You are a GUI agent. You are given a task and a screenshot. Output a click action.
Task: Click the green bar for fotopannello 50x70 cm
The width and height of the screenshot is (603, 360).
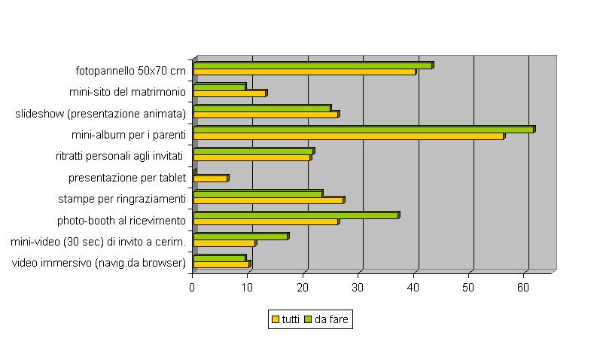[312, 66]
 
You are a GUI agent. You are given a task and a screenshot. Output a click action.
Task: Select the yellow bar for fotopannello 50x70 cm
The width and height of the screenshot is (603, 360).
[304, 72]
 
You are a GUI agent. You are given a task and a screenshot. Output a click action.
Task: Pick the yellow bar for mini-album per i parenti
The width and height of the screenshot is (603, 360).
[348, 136]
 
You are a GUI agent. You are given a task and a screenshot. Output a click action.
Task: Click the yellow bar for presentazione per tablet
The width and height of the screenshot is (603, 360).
[210, 178]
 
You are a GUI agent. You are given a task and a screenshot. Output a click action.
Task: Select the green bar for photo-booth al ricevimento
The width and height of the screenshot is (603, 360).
[295, 215]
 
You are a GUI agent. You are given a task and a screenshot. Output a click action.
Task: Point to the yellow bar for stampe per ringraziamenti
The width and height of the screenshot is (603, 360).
[268, 200]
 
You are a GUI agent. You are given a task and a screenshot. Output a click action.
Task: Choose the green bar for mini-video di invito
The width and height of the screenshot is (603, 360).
[240, 236]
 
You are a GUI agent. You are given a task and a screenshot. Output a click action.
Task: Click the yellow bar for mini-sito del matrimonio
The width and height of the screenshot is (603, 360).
[230, 93]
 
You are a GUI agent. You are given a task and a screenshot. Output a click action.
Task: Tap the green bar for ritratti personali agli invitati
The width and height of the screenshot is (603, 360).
[253, 151]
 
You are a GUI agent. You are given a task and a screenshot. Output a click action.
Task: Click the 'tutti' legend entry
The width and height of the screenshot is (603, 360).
[285, 319]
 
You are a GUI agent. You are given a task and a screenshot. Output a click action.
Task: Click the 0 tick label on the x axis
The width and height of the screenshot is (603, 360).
[193, 287]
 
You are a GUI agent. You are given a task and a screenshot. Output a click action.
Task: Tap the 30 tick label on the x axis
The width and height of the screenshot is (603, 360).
[358, 287]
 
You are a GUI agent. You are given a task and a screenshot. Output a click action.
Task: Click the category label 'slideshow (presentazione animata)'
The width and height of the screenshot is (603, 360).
[100, 114]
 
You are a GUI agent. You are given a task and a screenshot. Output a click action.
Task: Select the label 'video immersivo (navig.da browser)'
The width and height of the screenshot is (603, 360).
[99, 263]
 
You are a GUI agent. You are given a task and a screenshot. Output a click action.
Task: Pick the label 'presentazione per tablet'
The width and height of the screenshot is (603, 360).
[126, 178]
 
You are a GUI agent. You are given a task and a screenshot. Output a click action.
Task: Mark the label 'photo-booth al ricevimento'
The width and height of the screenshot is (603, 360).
[121, 221]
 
